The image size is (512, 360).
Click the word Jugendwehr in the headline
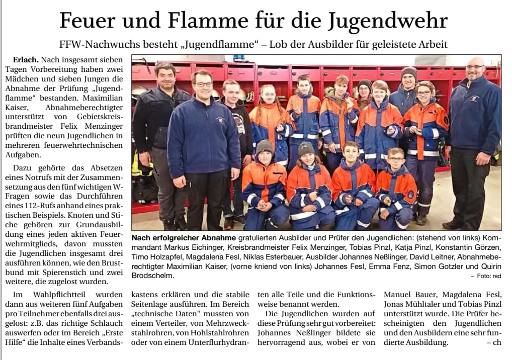388,21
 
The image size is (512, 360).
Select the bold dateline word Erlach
26,59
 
